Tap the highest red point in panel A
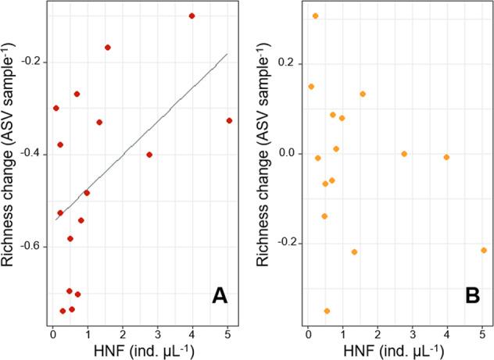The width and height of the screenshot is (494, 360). click(x=192, y=16)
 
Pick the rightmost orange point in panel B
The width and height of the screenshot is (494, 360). click(x=484, y=250)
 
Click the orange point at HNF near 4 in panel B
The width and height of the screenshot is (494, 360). click(x=446, y=157)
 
